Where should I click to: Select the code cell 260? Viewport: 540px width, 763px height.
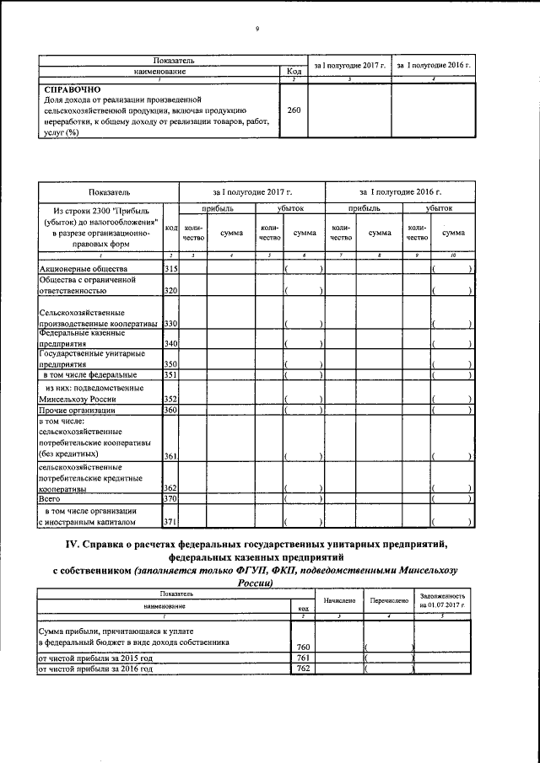coord(289,110)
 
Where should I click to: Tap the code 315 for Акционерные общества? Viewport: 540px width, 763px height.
coord(170,269)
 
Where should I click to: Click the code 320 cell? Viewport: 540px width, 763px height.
coord(170,290)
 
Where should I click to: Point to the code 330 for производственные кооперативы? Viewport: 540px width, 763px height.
coord(170,324)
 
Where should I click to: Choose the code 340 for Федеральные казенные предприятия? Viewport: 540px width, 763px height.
coord(170,344)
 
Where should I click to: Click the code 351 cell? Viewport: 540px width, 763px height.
coord(170,374)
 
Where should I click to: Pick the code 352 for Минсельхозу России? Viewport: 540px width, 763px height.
coord(170,400)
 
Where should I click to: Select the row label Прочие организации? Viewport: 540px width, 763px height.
coord(77,411)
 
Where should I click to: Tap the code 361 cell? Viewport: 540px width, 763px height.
coord(170,456)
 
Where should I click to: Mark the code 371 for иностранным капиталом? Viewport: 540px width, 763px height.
coord(170,522)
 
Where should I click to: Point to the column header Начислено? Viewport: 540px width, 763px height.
coord(338,600)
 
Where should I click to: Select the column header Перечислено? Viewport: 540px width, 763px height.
coord(389,600)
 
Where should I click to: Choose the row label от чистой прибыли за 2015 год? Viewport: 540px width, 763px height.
coord(95,658)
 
